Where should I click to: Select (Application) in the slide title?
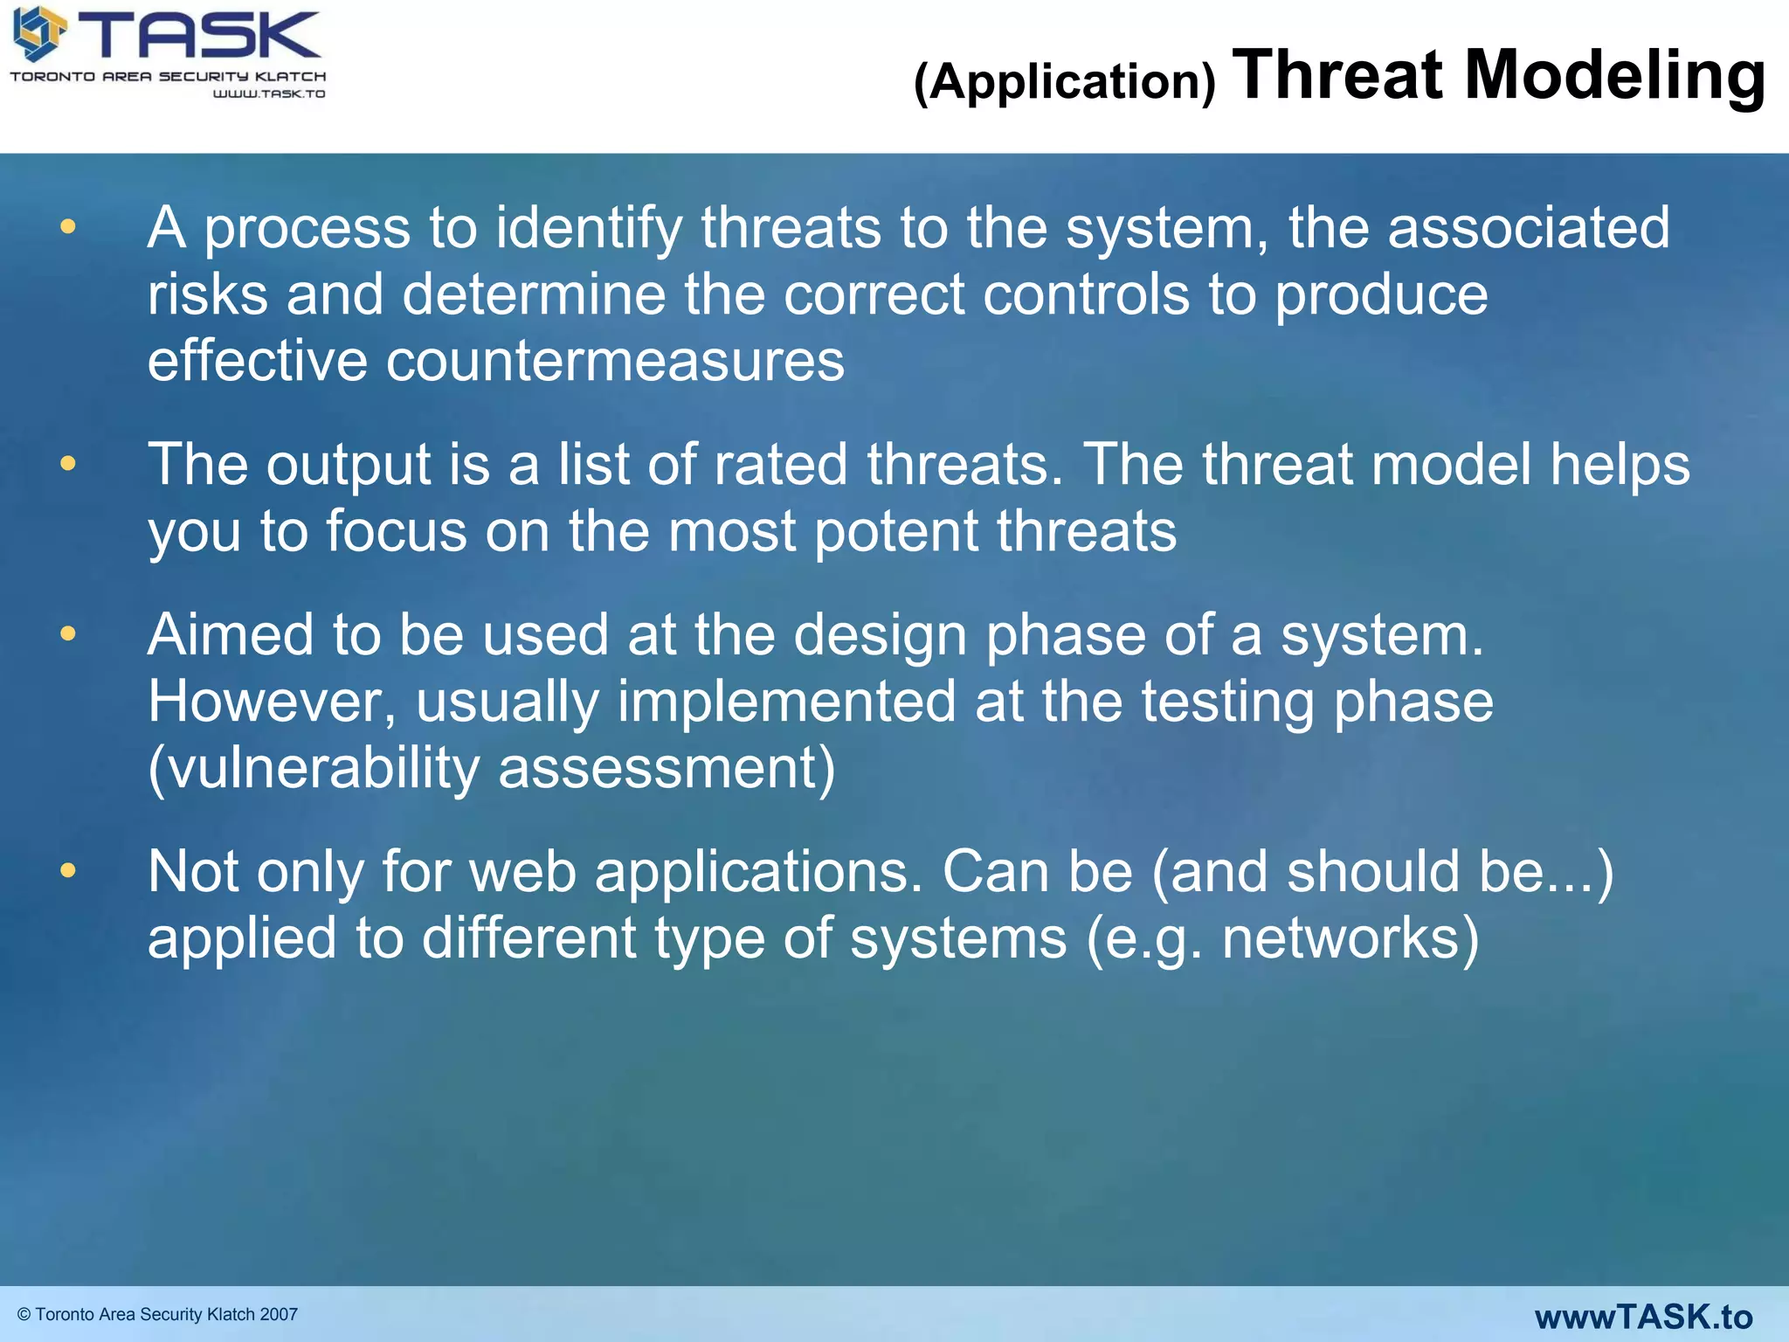pyautogui.click(x=1064, y=81)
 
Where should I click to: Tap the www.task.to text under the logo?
pyautogui.click(x=269, y=93)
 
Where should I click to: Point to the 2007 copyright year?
pyautogui.click(x=279, y=1314)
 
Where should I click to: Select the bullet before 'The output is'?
pyautogui.click(x=67, y=463)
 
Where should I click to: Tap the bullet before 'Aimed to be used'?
pyautogui.click(x=67, y=633)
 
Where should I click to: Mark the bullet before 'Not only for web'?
pyautogui.click(x=67, y=870)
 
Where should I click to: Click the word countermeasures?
pyautogui.click(x=615, y=361)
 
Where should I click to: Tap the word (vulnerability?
pyautogui.click(x=314, y=769)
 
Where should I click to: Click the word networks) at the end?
pyautogui.click(x=1350, y=938)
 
